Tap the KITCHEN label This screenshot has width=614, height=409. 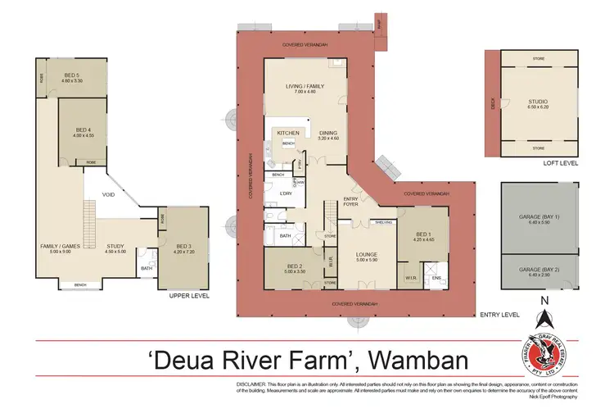[287, 132]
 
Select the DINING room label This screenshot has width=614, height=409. [327, 133]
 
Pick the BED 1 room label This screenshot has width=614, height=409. [421, 235]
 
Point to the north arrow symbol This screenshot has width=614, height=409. [543, 313]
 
